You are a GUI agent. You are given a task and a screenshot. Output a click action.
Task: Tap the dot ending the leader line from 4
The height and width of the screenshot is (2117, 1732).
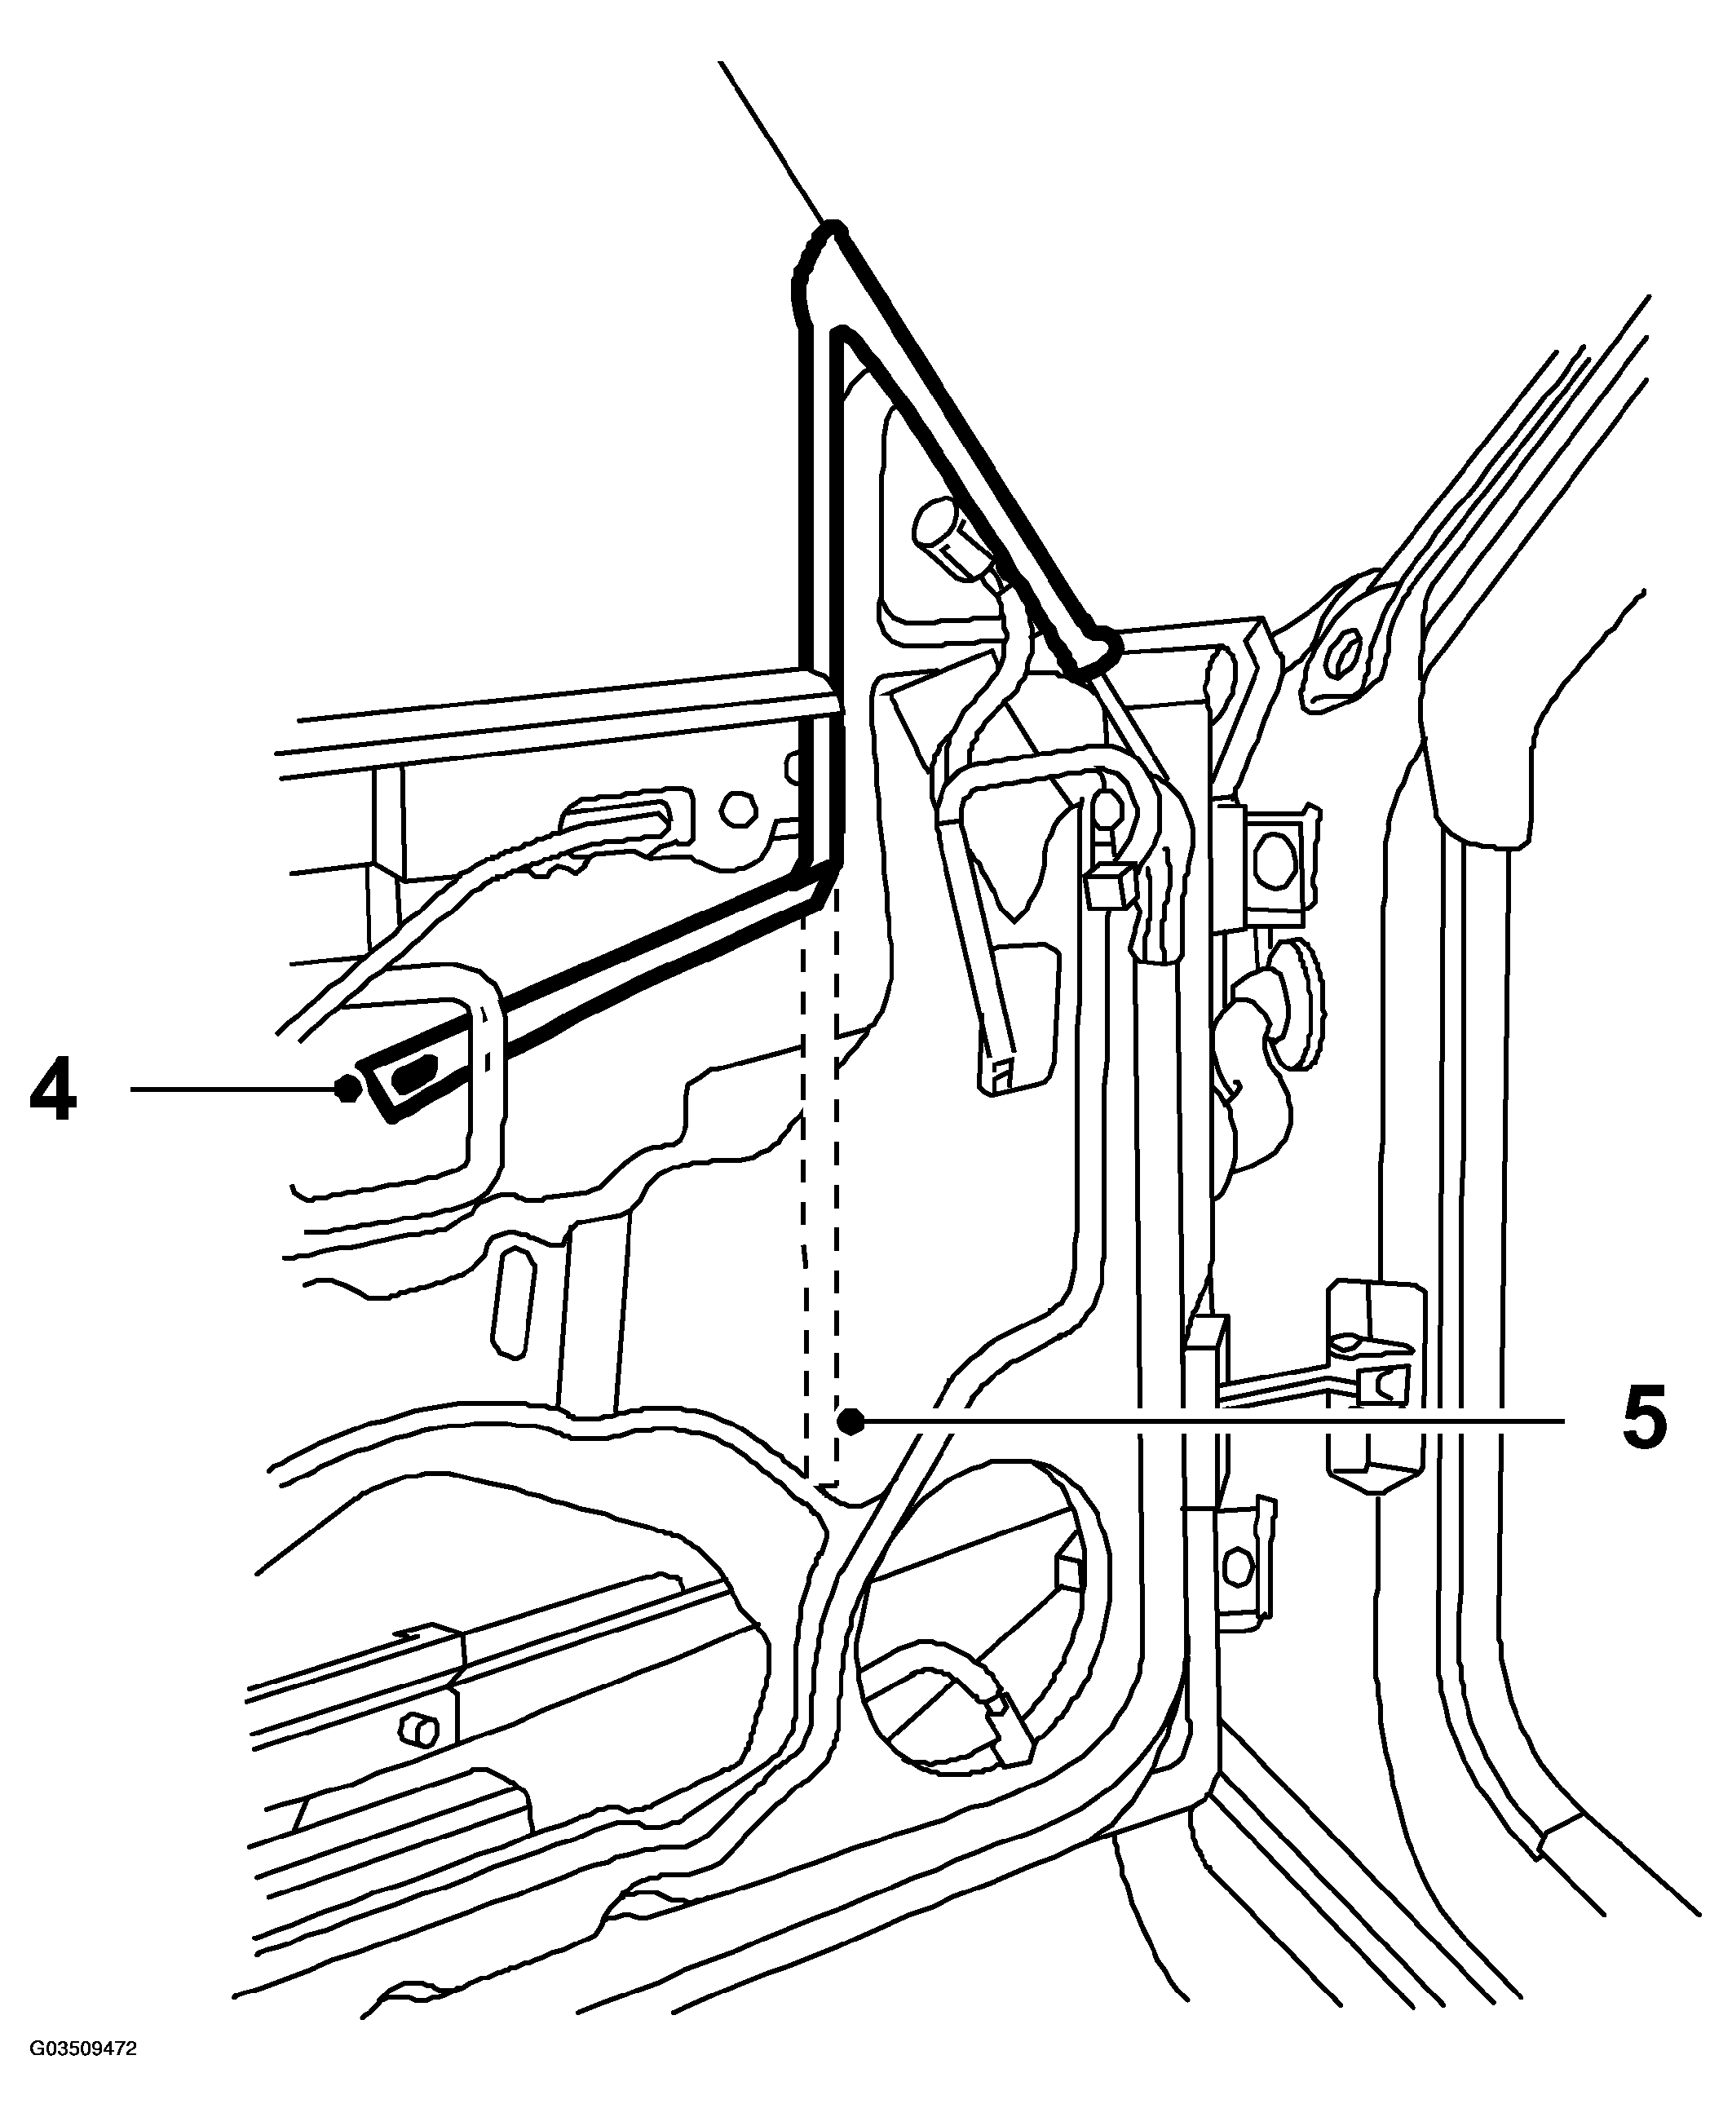coord(347,1089)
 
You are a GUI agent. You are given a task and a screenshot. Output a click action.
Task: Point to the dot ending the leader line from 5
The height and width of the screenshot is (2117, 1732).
coord(850,1421)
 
